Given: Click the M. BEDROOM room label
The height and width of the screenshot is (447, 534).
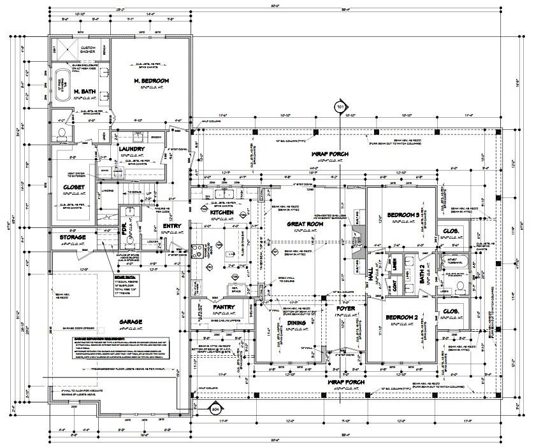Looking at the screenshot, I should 151,81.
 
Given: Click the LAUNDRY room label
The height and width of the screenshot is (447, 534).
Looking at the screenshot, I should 132,149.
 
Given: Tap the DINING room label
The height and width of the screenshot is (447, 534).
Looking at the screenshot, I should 296,323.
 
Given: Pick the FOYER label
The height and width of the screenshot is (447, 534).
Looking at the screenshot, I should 345,308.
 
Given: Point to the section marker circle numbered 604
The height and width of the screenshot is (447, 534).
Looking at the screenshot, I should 215,409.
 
